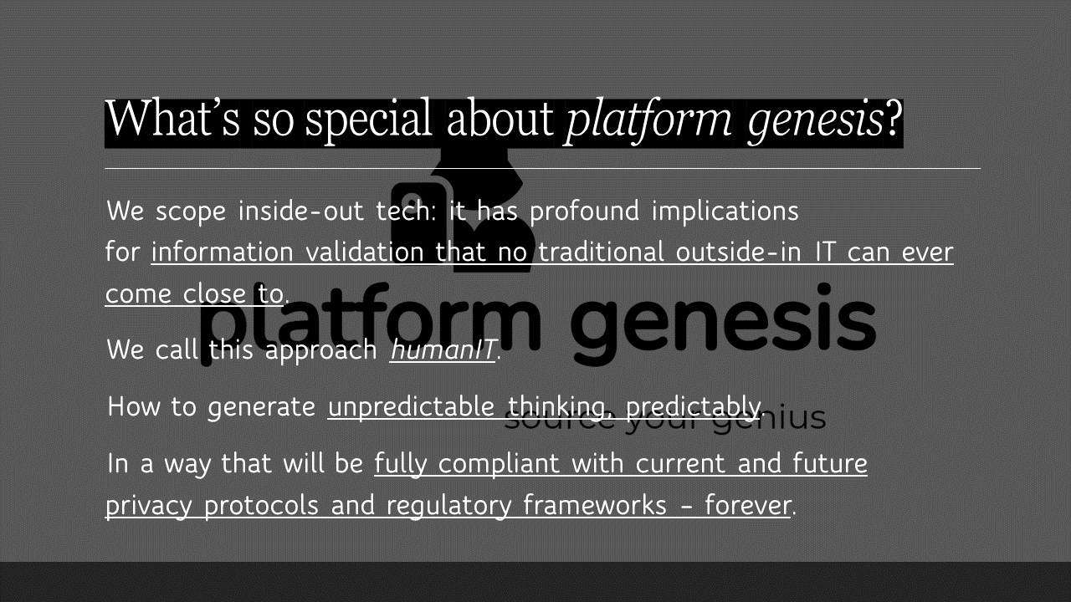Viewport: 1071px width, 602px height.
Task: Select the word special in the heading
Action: coord(368,120)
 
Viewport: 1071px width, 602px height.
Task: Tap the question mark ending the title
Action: coord(894,120)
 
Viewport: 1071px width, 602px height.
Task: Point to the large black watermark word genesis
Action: coord(725,318)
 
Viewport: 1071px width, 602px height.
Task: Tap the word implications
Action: coord(725,211)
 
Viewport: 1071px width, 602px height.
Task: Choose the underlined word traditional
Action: coord(602,253)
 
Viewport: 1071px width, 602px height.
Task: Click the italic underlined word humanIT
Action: coord(443,349)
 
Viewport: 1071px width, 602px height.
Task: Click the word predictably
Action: coord(692,407)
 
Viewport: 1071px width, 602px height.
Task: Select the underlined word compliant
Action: coord(502,464)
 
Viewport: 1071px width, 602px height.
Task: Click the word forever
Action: coord(747,505)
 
